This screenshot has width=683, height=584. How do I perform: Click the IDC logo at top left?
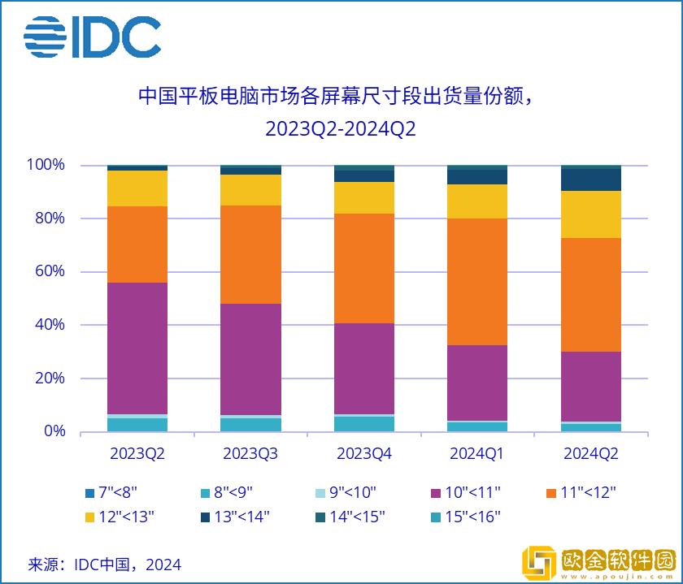pos(92,37)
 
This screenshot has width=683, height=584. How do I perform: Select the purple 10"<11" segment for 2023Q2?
pos(137,348)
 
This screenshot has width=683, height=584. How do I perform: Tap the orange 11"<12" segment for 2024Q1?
pos(477,282)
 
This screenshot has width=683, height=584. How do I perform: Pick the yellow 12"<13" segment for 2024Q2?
pos(591,214)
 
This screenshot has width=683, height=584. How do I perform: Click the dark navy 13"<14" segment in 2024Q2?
pos(591,180)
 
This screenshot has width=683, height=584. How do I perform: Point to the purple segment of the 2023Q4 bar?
pos(364,368)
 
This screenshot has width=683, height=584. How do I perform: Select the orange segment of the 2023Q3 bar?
pos(251,254)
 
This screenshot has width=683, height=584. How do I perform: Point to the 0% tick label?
pos(54,431)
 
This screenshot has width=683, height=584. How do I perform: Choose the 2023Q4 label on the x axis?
pos(364,453)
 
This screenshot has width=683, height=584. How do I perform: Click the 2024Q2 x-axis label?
pos(591,453)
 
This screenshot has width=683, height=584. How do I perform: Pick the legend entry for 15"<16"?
pos(465,516)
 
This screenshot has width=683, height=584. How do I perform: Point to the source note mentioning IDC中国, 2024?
pos(105,564)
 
